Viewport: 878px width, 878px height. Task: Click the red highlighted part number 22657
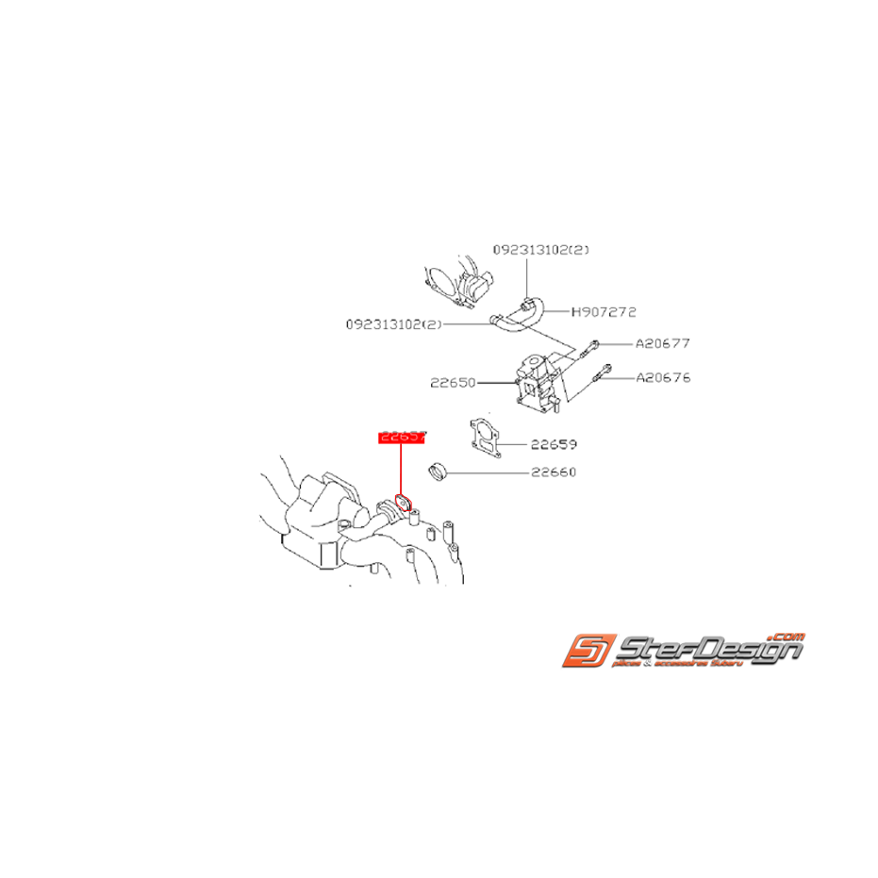pos(402,438)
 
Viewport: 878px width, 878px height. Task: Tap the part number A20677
pos(662,344)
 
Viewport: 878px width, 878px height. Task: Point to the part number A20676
pos(662,377)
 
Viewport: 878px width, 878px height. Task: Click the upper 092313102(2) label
pos(540,250)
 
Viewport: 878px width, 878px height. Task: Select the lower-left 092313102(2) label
pos(393,323)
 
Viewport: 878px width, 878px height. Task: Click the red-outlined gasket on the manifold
pos(402,504)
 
